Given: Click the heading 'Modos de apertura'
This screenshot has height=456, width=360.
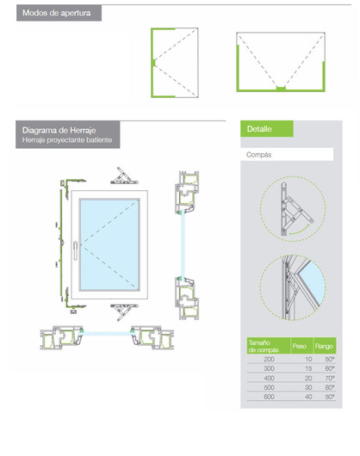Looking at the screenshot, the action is [x=57, y=13].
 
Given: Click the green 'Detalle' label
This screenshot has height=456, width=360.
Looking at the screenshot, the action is [x=259, y=129].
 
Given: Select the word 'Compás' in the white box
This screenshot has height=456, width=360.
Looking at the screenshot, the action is [x=258, y=155].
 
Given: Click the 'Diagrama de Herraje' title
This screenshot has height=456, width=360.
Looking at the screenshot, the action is [x=59, y=130].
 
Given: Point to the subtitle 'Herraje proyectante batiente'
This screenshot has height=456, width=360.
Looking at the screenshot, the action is [x=67, y=140].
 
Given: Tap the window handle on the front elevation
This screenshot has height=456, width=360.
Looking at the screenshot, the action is [x=76, y=250].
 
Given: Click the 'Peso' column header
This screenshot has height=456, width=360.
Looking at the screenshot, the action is [x=299, y=346].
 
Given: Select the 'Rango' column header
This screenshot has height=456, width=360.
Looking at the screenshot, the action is [x=324, y=347].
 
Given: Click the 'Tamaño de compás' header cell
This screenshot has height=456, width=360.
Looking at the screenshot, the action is [x=264, y=346].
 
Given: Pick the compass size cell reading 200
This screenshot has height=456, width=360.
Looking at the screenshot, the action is [x=269, y=359].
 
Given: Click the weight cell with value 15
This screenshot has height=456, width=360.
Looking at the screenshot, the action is [x=308, y=368].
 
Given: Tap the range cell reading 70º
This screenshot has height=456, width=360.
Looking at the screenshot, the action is [x=330, y=378].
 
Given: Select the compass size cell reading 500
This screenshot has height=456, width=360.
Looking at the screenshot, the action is [x=269, y=387].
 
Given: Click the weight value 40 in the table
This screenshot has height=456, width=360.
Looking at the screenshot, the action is [x=308, y=397].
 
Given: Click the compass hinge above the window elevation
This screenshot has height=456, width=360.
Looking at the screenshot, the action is [x=124, y=176].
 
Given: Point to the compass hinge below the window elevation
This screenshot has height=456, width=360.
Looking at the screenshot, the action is [x=124, y=312].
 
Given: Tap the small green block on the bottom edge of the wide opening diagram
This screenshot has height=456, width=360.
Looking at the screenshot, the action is [x=281, y=88].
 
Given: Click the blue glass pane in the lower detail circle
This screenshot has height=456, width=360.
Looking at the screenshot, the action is [x=312, y=282].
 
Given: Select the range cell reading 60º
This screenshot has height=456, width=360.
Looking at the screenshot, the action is [x=330, y=368].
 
